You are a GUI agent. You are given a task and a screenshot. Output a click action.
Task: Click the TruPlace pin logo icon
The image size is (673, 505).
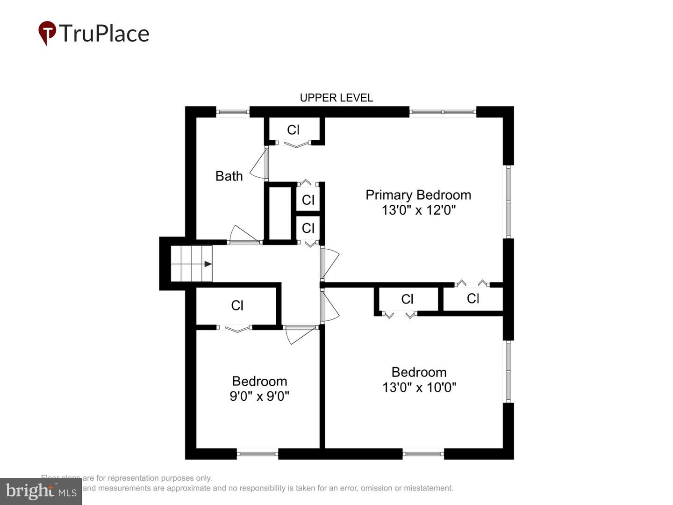[x=47, y=33]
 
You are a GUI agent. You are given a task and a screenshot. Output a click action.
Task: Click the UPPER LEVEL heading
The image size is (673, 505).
[x=336, y=98]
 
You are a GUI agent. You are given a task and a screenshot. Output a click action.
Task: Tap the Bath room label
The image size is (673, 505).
[x=229, y=176]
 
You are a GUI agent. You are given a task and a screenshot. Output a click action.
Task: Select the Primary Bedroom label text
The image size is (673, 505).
[x=418, y=195]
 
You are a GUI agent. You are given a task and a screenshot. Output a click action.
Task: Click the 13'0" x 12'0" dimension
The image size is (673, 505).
[x=418, y=210]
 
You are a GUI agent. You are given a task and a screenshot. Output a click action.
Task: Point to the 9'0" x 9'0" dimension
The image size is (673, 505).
[x=259, y=396]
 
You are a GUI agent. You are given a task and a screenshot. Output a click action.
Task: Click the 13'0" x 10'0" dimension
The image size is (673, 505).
[x=419, y=387]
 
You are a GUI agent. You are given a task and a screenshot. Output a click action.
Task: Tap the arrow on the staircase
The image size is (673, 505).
[x=208, y=264]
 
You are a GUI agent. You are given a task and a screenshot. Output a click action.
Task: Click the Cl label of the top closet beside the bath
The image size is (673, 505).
[x=293, y=130]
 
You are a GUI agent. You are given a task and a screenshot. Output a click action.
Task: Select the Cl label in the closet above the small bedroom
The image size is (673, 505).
[x=237, y=305]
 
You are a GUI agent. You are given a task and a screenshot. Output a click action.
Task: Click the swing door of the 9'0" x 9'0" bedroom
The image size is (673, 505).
[x=299, y=334]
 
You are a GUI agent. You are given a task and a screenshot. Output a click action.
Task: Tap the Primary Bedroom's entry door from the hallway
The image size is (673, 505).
[x=329, y=262]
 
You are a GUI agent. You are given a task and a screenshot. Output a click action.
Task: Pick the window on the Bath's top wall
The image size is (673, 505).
[x=232, y=112]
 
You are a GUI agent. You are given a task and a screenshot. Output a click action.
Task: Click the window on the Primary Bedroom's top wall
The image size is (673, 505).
[x=443, y=112]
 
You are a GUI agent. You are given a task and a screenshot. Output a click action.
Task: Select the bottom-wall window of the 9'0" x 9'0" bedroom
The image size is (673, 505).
[x=258, y=453]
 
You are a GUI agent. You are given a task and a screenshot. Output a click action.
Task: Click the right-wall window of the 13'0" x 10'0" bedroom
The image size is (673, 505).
[x=508, y=372]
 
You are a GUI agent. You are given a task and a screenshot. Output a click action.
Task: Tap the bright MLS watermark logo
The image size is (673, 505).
[x=41, y=491]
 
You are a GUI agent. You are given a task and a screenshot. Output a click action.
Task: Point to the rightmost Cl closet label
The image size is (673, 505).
[x=473, y=298]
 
